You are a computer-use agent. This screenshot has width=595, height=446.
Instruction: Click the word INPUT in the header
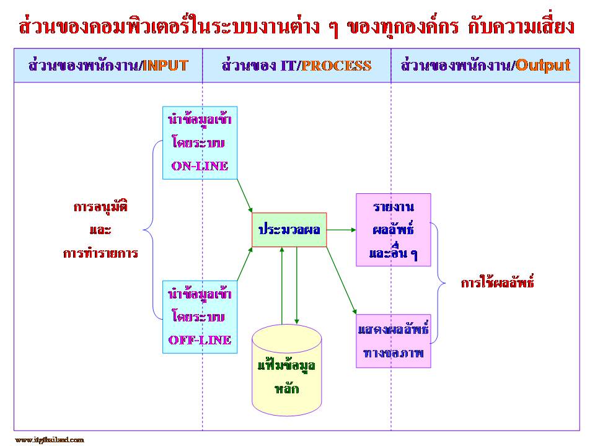(x=165, y=65)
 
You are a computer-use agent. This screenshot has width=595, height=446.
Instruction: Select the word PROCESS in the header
(x=337, y=65)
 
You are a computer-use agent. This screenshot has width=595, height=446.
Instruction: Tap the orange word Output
(x=543, y=65)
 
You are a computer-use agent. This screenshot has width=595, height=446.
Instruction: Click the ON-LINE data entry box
(x=200, y=142)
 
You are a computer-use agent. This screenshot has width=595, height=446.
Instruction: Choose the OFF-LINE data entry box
(x=200, y=317)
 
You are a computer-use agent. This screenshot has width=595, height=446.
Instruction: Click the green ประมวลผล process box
(x=289, y=230)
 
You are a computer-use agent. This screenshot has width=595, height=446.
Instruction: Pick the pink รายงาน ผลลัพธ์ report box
(x=393, y=230)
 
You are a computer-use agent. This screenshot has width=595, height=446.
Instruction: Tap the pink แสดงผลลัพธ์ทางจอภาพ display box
(x=393, y=341)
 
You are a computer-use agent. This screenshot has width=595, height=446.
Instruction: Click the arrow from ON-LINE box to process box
(x=244, y=195)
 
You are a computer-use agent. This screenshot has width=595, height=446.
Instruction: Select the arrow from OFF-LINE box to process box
(x=244, y=263)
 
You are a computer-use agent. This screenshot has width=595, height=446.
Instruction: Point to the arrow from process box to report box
(x=341, y=230)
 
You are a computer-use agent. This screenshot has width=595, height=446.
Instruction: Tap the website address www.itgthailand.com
(x=49, y=439)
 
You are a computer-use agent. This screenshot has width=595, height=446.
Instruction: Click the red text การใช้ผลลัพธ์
(x=497, y=283)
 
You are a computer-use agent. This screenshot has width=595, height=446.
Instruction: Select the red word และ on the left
(x=100, y=230)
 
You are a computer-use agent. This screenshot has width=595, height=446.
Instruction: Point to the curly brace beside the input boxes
(x=151, y=230)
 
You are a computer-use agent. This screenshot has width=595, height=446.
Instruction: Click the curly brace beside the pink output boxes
(x=438, y=283)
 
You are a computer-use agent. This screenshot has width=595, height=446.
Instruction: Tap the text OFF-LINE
(x=200, y=339)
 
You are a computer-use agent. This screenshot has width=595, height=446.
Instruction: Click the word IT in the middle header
(x=287, y=65)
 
